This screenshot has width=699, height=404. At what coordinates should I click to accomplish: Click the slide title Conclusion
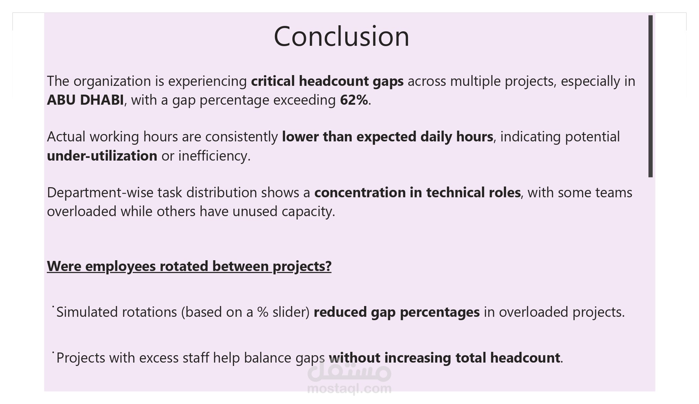coord(341,36)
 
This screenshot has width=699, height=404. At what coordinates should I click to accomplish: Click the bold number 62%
coord(354,100)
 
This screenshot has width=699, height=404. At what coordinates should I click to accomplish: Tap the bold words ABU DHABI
coord(85,100)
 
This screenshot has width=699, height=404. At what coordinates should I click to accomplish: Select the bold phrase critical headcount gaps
coord(327,81)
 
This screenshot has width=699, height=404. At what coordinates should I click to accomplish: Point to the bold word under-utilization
coord(102,156)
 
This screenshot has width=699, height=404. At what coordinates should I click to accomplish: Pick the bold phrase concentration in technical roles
coord(417,193)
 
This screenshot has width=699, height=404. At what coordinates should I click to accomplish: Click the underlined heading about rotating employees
coord(189,267)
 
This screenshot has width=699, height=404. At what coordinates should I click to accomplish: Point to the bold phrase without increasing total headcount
coord(444,358)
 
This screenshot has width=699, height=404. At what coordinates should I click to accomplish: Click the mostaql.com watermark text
coord(349,389)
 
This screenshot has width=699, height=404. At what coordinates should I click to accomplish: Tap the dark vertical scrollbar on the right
coord(650,96)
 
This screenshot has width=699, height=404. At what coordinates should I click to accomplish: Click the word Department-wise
coord(100,193)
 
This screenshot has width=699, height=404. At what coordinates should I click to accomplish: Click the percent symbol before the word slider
coord(263,312)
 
